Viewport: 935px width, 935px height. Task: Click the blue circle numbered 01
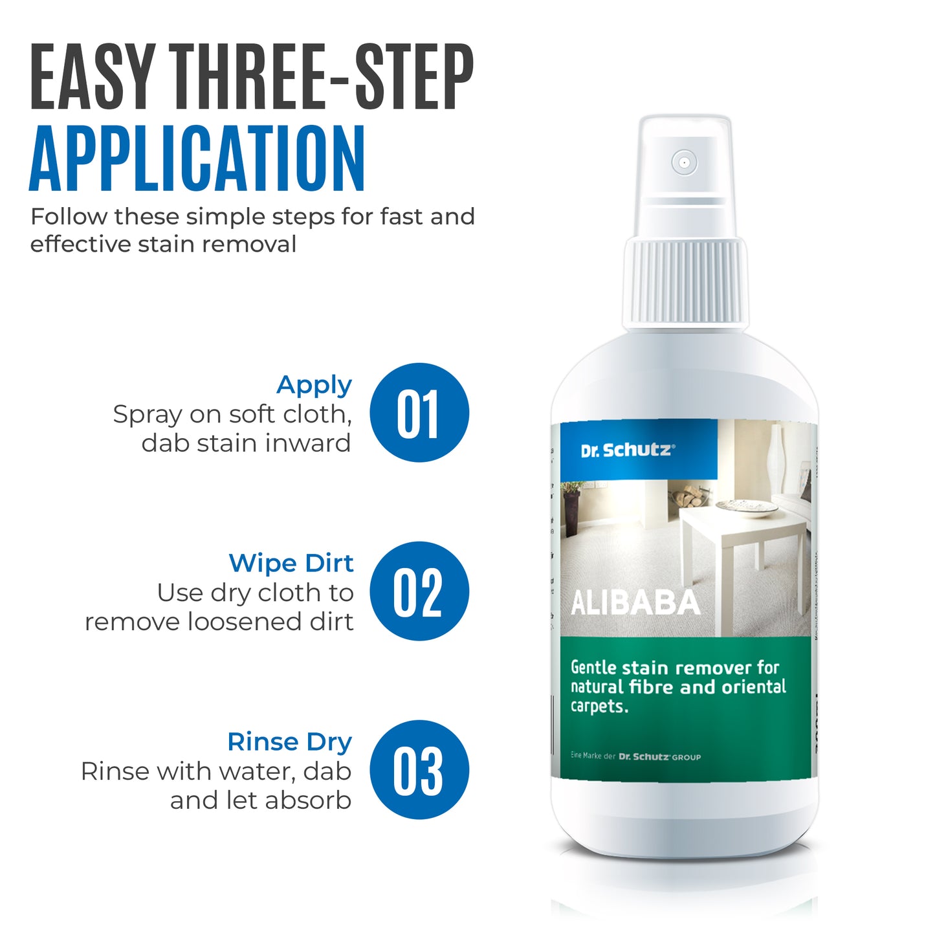[x=419, y=413]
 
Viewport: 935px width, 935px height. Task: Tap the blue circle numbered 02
[x=419, y=591]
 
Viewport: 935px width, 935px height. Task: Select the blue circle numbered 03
[x=419, y=770]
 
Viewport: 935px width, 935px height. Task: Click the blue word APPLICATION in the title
[x=197, y=159]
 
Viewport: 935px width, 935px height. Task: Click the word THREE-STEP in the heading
[x=324, y=78]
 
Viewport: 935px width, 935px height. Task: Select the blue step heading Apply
[x=314, y=386]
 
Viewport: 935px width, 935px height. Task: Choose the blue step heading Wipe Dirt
[x=291, y=564]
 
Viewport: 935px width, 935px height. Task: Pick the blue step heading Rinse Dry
[x=289, y=742]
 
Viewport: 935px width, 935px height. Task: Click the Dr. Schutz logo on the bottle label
[x=627, y=450]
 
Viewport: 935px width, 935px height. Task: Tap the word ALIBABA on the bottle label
[x=635, y=604]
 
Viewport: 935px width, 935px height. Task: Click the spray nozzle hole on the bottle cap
[x=684, y=162]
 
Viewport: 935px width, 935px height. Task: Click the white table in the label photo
[x=744, y=537]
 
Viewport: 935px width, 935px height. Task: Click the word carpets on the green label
[x=599, y=707]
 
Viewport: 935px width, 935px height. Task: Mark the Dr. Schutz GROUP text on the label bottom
[x=659, y=756]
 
